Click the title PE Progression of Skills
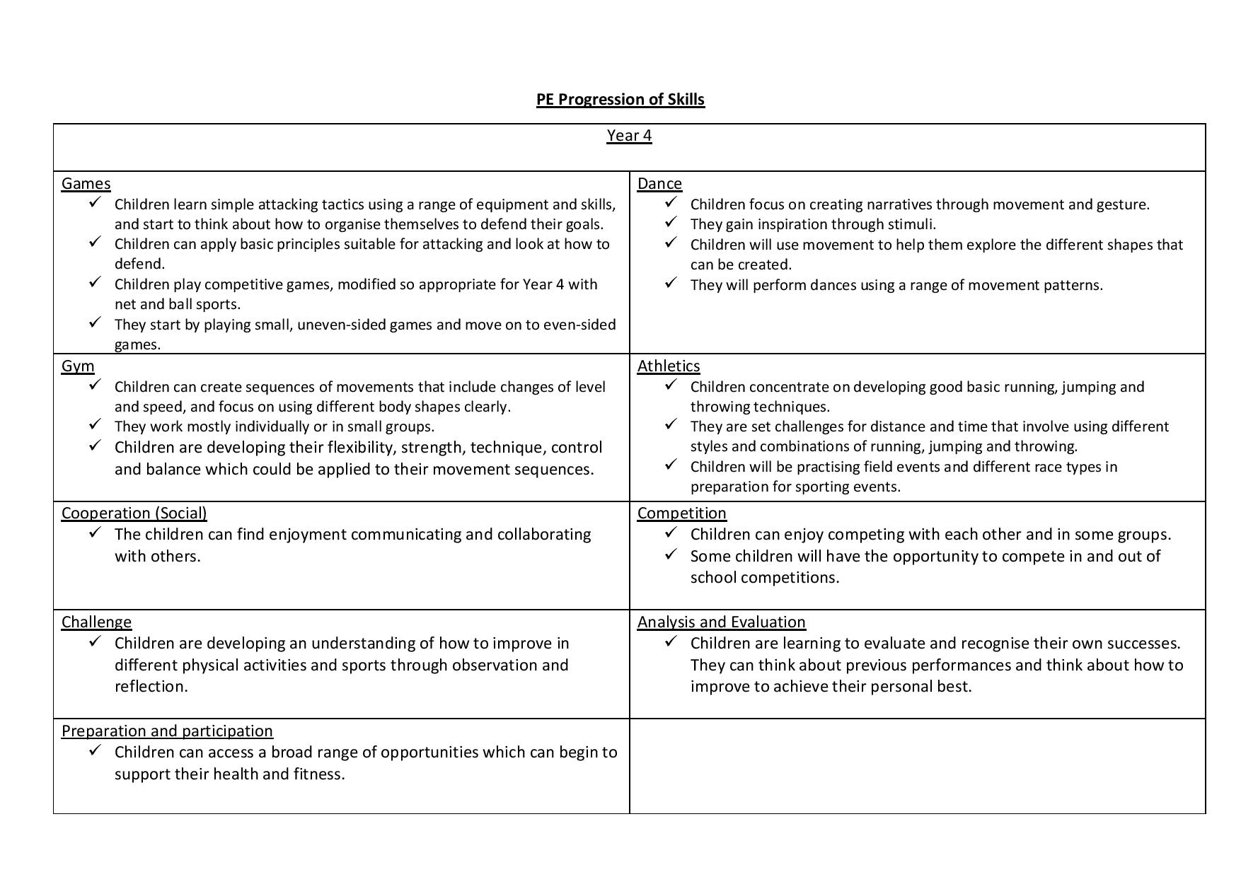620,99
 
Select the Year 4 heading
629,135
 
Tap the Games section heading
86,183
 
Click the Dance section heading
659,183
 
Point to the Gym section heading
78,366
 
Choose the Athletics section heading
669,366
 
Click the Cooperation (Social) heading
134,513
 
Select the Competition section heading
681,513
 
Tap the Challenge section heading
96,622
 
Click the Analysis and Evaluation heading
721,622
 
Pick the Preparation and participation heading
167,731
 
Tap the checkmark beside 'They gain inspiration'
671,223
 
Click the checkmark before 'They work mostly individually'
96,425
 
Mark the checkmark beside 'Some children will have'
671,554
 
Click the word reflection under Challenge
150,686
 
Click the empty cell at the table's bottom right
917,766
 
